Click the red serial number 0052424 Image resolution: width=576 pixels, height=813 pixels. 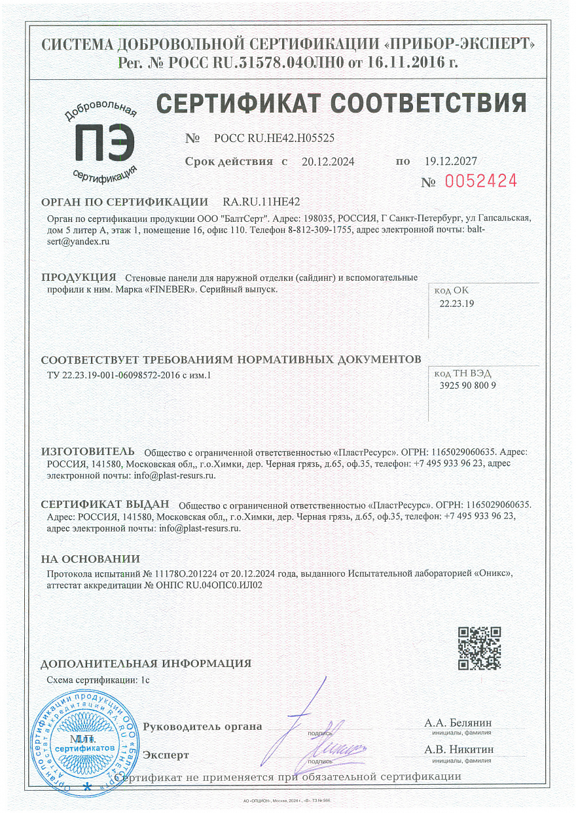481,181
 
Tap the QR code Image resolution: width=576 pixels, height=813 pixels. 479,648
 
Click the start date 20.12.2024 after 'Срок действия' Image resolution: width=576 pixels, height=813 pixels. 327,162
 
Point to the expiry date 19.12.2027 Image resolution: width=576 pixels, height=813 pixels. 451,161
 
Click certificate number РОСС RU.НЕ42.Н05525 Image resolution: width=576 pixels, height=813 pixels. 274,138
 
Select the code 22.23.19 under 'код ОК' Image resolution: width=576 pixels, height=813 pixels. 456,304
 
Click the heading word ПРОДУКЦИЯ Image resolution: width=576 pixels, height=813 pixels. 79,277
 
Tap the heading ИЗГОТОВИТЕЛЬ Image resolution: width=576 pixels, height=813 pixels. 88,451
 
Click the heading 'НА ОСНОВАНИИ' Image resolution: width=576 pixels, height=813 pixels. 90,559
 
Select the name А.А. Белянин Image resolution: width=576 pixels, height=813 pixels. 458,723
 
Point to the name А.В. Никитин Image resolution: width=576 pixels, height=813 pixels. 459,750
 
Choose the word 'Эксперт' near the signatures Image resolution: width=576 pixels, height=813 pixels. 166,754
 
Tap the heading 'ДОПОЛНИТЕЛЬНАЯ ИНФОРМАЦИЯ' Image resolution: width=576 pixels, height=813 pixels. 145,664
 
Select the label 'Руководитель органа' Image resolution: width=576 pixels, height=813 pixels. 202,727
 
